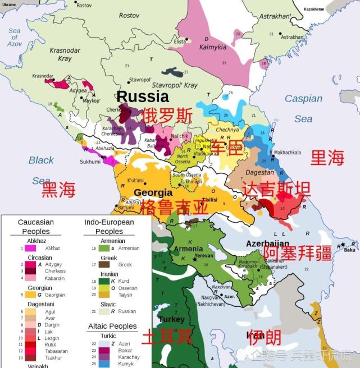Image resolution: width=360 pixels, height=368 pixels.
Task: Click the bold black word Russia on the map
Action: point(142,96)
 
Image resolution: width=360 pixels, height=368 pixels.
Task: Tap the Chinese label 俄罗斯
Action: point(167,116)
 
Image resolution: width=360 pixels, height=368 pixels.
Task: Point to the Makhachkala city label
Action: point(287,153)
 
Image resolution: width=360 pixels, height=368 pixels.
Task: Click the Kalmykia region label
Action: point(213,47)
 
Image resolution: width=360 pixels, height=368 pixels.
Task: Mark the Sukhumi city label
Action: point(90,161)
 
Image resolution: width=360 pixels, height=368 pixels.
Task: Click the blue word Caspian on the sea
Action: point(303,99)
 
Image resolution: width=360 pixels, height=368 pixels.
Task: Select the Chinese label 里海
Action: point(327,158)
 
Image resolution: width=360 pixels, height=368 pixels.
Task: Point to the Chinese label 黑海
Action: point(58,190)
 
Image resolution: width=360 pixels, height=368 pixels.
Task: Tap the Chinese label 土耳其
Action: point(166,337)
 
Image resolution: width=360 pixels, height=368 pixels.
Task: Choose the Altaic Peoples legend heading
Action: point(112,326)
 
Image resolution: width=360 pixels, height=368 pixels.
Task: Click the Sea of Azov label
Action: point(15,37)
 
